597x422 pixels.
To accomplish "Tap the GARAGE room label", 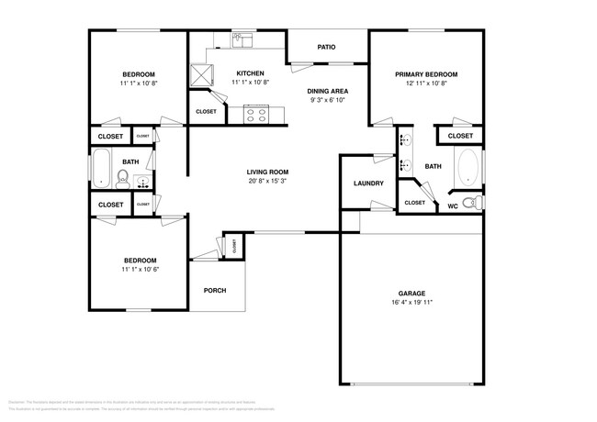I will [411, 293].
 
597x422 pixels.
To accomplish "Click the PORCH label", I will [214, 291].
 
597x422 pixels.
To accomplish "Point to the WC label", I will [453, 205].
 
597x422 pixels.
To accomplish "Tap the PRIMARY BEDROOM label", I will [426, 74].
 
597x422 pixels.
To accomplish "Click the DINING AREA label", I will [326, 91].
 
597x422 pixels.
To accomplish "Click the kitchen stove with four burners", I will [255, 116].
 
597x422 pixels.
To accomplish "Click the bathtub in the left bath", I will [101, 169].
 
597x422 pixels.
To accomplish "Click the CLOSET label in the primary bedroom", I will [460, 137].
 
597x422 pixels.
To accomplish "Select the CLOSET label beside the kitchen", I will [207, 112].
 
